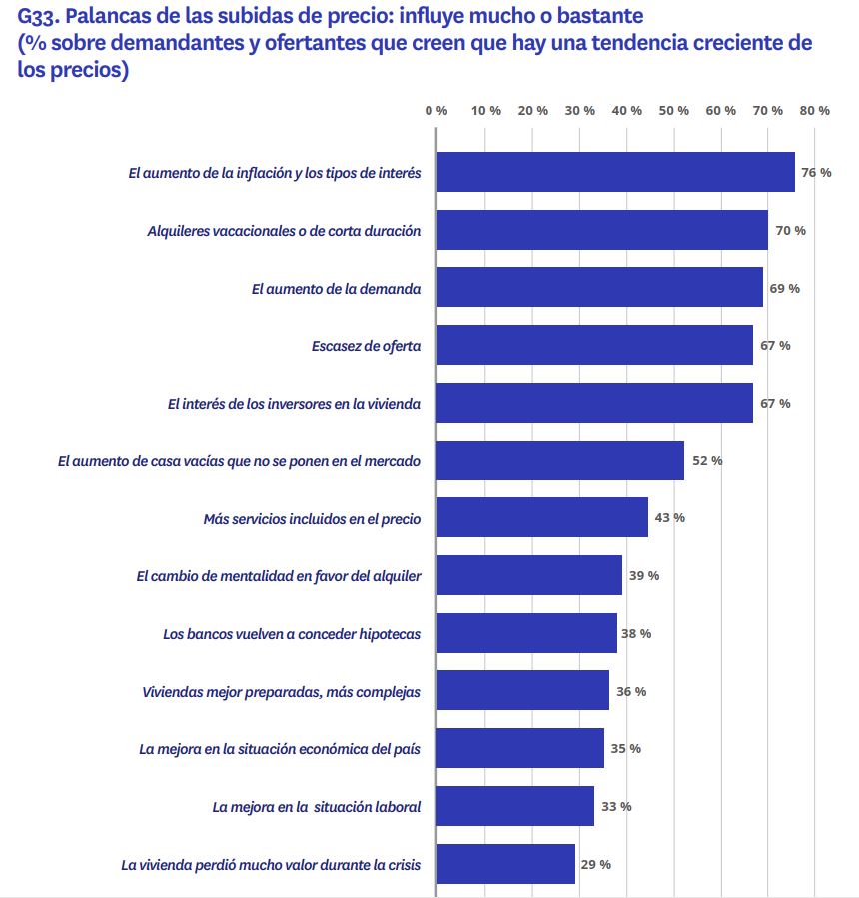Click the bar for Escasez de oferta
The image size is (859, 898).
coord(595,345)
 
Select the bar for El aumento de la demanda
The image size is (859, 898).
coord(600,288)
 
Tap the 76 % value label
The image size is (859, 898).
coord(816,173)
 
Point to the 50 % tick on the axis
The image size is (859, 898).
coord(675,110)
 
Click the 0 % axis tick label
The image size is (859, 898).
coord(436,110)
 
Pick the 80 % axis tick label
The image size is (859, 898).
coord(816,110)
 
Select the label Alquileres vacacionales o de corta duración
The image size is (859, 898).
coord(284,231)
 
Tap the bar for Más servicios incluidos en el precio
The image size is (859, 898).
coord(542,517)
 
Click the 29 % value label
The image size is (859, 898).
coord(595,864)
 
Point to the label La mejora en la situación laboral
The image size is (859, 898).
coord(317,807)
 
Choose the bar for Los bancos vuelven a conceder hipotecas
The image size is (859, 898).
coord(527,633)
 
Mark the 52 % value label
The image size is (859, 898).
coord(707,460)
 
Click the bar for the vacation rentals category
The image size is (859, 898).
coord(602,230)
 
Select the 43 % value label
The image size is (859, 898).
coord(669,517)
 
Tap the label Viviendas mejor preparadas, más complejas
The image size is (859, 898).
coord(282,692)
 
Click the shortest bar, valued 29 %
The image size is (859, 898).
coord(506,864)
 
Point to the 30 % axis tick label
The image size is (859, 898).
coord(580,110)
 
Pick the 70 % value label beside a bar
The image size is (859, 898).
coord(790,231)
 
